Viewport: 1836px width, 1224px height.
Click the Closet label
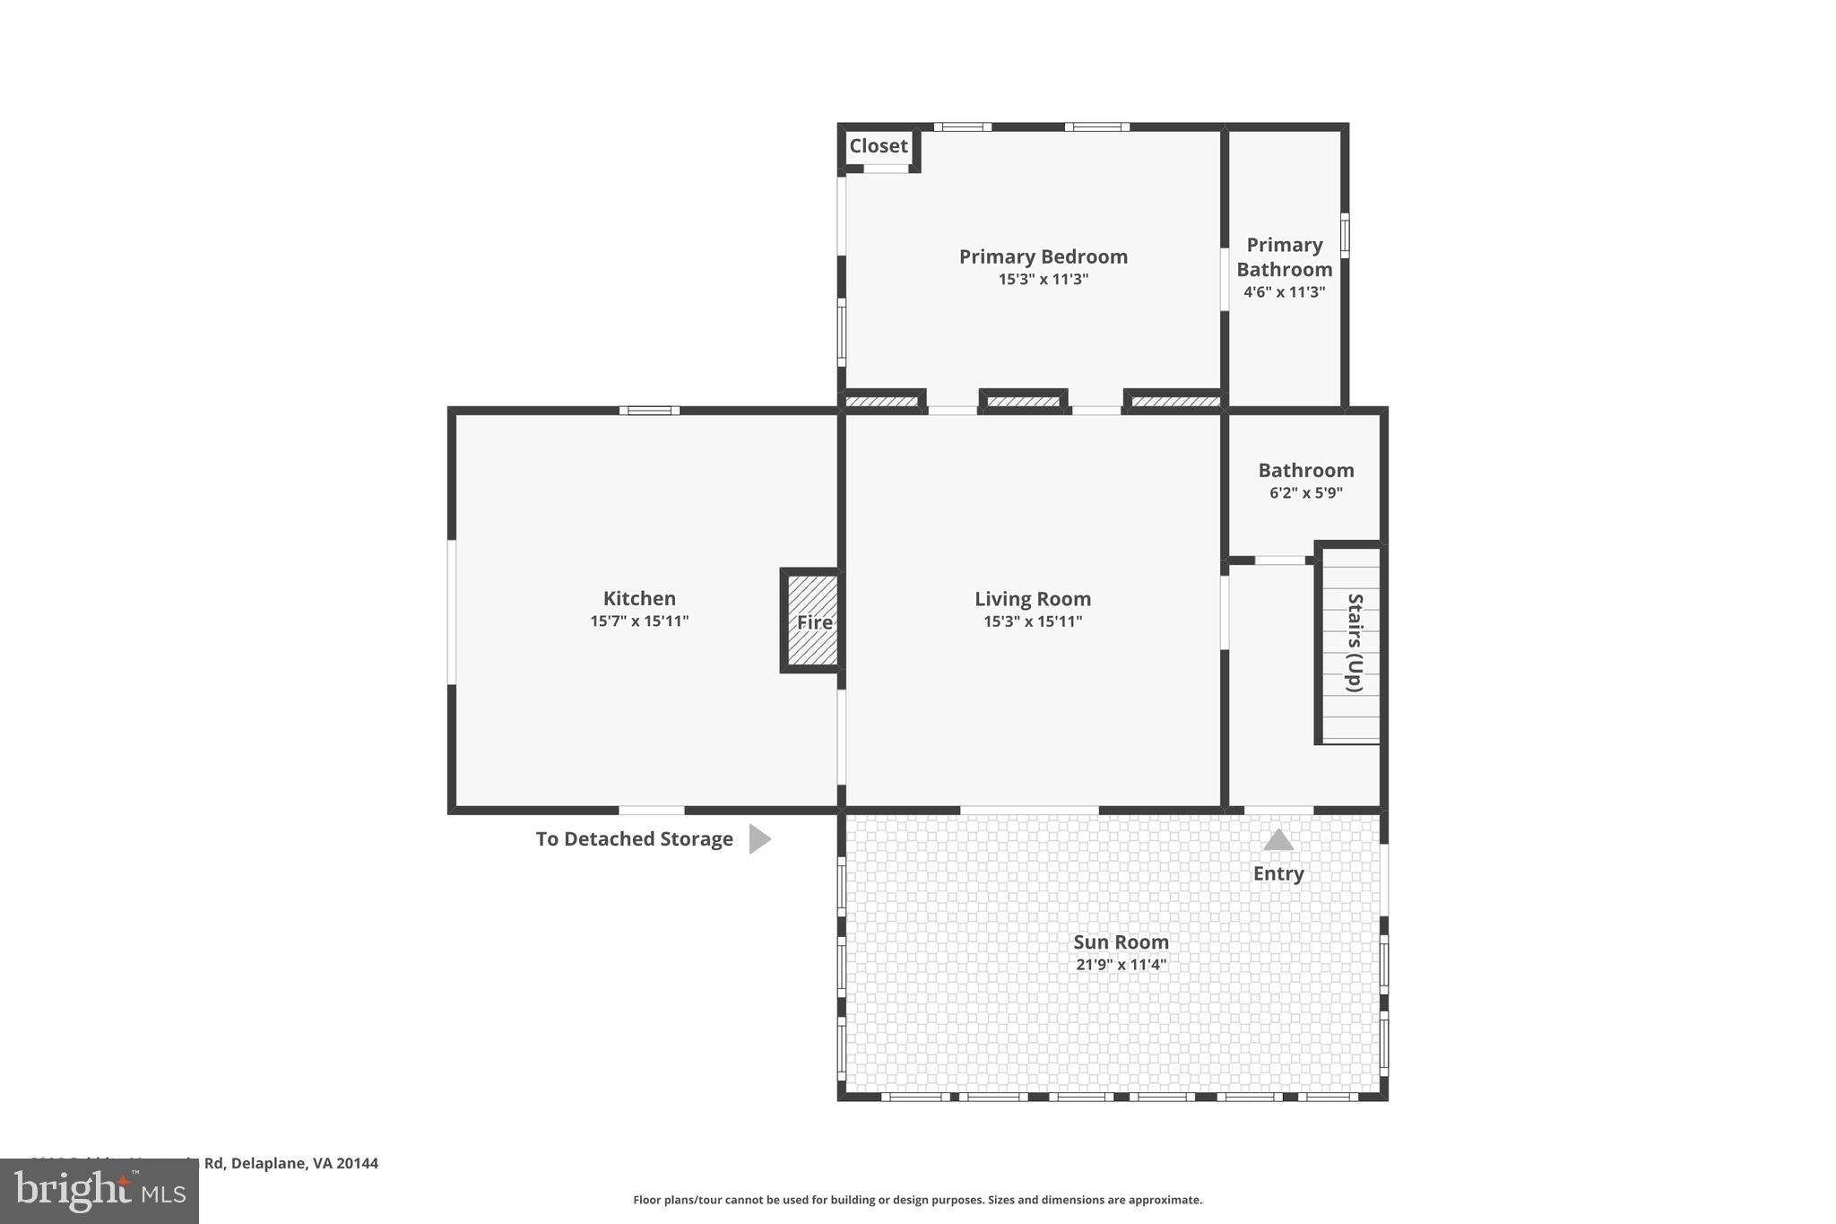click(878, 146)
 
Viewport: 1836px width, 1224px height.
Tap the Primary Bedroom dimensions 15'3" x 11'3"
click(1043, 280)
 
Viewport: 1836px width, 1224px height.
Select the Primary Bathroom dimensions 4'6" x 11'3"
click(1284, 292)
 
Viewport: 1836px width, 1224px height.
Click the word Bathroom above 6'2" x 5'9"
click(1305, 471)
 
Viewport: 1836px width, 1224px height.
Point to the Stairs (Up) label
click(1355, 642)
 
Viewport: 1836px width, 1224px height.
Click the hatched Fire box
click(813, 621)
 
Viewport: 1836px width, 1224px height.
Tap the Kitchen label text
click(639, 598)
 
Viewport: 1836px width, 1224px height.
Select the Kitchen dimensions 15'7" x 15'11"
click(639, 621)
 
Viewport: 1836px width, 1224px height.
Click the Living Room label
click(1033, 599)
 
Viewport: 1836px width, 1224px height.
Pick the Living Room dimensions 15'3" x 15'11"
click(1033, 622)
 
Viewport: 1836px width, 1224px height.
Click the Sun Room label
click(1121, 942)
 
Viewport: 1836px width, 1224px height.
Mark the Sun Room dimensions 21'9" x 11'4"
click(1121, 965)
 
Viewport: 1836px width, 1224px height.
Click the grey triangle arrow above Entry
click(1278, 841)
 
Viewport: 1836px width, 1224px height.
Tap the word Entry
click(1278, 873)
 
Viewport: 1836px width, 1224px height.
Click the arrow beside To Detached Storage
click(758, 839)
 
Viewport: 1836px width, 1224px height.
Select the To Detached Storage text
click(634, 839)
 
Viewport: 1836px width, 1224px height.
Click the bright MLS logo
click(99, 1191)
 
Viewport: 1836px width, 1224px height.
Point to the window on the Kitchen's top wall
click(649, 411)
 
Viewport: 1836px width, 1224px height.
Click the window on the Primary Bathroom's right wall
click(1344, 236)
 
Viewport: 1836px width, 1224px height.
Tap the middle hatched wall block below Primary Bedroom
click(1023, 401)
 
